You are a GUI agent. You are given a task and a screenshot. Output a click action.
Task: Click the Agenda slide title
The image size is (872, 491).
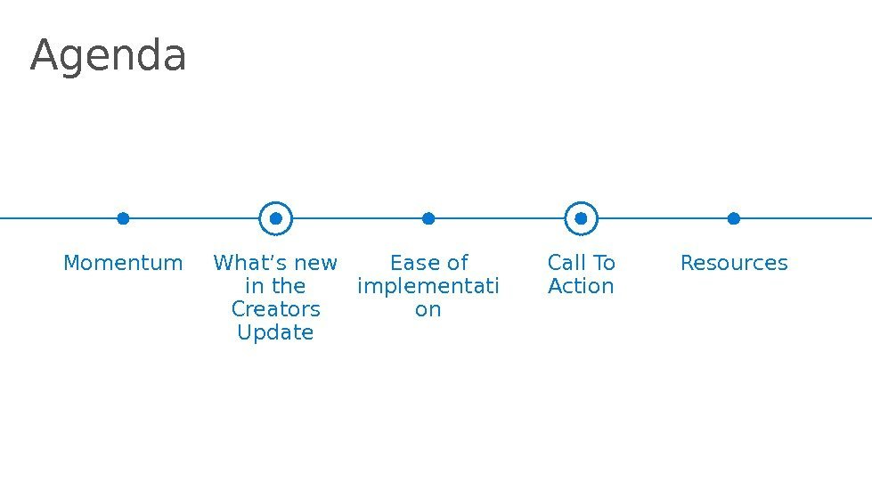pos(108,56)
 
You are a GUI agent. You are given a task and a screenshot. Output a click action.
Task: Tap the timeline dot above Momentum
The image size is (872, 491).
pos(123,218)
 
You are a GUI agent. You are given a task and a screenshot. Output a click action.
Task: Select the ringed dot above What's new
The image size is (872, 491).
pos(276,218)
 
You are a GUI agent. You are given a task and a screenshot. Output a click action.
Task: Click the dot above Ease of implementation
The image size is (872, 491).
pos(428,218)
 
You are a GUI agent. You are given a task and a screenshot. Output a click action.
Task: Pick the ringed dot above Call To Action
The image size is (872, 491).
pos(582,218)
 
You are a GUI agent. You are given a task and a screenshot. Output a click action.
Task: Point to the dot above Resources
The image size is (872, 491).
pos(734,218)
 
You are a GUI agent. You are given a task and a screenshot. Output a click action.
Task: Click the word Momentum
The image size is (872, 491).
pos(123,264)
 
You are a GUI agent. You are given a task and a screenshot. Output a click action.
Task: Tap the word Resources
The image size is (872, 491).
pos(734,264)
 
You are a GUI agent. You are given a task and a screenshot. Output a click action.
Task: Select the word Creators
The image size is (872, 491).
pos(276,310)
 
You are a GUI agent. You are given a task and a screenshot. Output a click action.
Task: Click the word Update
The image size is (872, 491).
pos(276,333)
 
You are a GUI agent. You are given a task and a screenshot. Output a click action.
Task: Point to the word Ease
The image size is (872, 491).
pos(411,264)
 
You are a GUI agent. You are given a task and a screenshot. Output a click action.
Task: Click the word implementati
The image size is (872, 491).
pos(428,287)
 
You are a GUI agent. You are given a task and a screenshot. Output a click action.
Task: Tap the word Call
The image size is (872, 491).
pos(566,264)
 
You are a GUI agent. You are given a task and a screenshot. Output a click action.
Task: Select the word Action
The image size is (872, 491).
pos(582,287)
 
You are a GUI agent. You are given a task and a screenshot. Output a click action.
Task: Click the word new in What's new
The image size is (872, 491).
pos(316,264)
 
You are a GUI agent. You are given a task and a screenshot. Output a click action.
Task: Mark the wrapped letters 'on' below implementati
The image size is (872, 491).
pos(428,310)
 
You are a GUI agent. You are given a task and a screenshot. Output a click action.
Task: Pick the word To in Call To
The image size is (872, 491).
pos(604,264)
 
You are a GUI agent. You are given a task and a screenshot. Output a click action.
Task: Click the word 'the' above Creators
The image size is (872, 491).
pos(289,287)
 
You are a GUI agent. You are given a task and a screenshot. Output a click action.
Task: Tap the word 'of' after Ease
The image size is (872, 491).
pos(457,264)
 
